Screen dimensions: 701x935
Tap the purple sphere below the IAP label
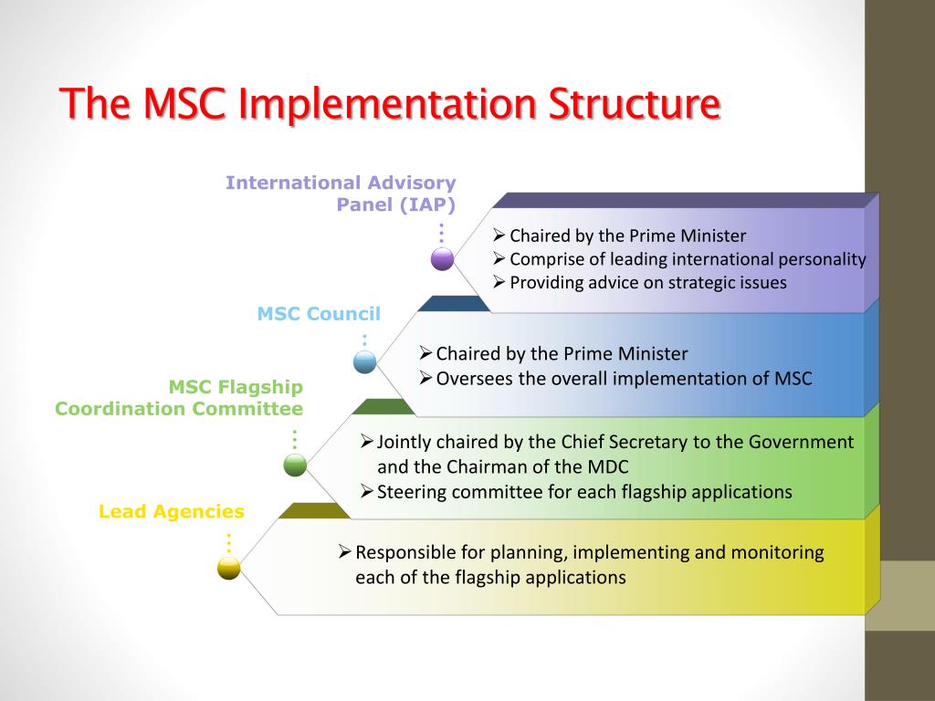coord(443,259)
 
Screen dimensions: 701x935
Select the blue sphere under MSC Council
coord(365,362)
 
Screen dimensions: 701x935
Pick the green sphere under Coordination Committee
coord(295,465)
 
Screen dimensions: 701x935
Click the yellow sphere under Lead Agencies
coord(228,569)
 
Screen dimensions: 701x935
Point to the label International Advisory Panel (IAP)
coord(341,194)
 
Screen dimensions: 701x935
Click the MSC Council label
coord(319,314)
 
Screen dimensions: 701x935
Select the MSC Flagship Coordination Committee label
coord(179,398)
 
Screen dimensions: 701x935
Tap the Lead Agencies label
coord(172,512)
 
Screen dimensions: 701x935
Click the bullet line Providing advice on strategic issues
coord(647,283)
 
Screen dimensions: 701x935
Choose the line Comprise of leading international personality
coord(687,259)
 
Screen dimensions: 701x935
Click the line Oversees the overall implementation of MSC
coord(624,378)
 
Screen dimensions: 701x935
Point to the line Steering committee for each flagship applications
coord(584,492)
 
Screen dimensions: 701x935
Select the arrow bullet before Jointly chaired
coord(367,442)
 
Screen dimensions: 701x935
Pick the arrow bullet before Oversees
coord(425,378)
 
